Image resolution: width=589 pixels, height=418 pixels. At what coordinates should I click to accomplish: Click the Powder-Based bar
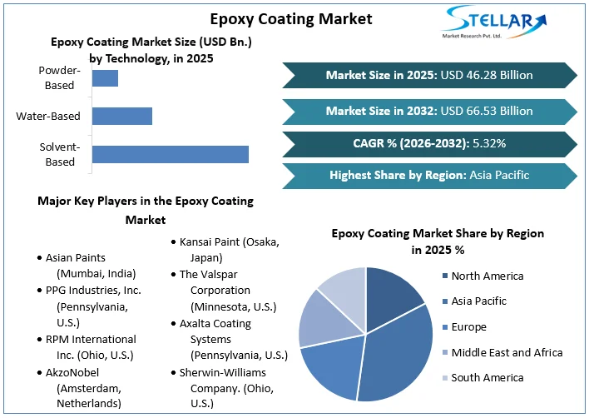[105, 78]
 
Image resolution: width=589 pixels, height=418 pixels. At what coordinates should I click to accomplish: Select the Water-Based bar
[121, 116]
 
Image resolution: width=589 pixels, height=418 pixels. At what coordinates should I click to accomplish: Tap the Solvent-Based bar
[170, 154]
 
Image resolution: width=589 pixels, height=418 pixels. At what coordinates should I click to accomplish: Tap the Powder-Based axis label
[58, 78]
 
